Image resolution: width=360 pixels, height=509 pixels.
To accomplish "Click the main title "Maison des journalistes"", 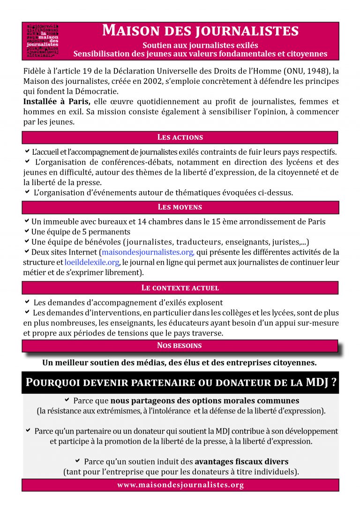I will [200, 31].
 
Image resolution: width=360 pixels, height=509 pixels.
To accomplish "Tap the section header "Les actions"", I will [180, 137].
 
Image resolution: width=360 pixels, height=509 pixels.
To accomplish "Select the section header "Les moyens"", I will [180, 207].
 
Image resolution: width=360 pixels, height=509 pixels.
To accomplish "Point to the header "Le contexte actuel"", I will [180, 288].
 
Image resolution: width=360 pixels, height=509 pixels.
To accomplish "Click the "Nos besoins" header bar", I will [180, 346].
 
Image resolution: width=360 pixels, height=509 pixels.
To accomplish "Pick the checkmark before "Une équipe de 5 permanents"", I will [27, 232].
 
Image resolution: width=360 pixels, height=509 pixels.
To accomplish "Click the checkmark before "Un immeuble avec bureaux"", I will [27, 221].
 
